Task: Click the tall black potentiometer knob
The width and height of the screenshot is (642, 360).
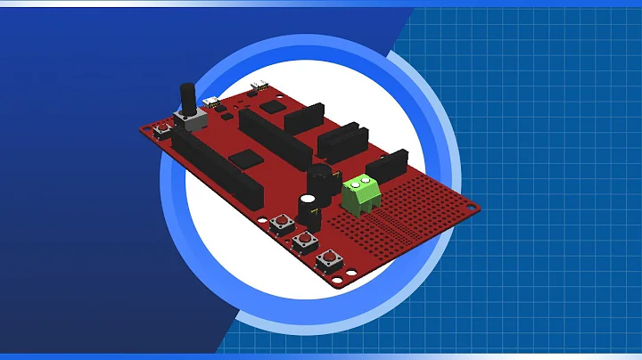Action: [x=188, y=97]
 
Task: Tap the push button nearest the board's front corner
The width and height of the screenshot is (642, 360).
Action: [x=329, y=259]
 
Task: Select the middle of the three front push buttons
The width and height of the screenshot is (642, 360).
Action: [x=305, y=240]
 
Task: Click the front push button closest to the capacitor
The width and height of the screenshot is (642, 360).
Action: [x=284, y=223]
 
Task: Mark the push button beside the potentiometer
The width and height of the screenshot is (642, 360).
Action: [x=163, y=131]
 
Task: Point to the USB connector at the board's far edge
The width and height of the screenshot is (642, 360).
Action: [x=260, y=86]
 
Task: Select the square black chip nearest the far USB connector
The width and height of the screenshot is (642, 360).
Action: [x=276, y=106]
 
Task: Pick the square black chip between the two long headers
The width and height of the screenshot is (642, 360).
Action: [x=243, y=159]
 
